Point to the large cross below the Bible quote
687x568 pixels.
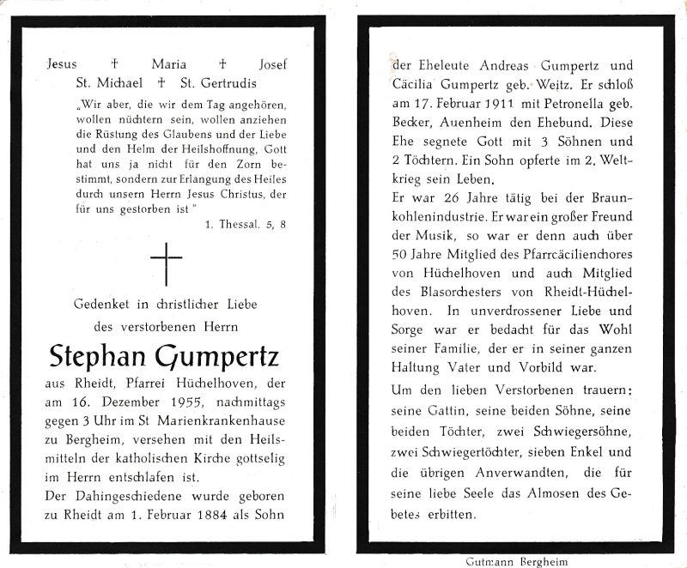point(167,263)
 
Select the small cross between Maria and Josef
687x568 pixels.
point(222,64)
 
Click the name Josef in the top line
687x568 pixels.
point(272,64)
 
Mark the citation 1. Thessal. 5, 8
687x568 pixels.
point(245,225)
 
